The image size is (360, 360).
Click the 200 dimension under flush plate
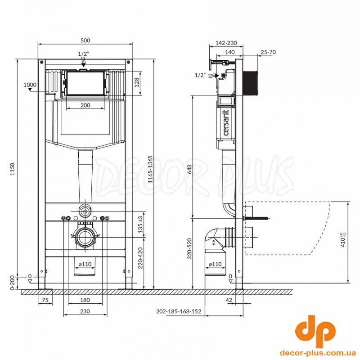point(85,105)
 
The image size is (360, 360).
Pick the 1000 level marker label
point(30,85)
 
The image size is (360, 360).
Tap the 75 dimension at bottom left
point(45,300)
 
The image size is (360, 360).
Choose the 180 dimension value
point(85,300)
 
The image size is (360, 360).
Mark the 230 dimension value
point(85,311)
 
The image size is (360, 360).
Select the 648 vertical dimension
point(189,169)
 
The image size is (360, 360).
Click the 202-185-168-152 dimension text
point(179,311)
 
